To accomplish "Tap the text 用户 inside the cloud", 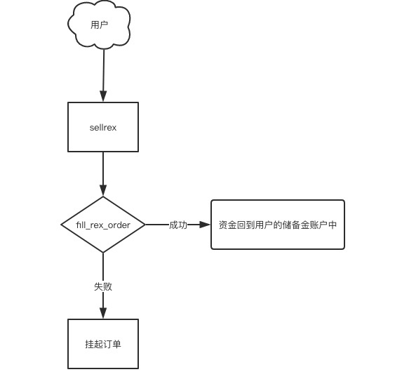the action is coord(99,25).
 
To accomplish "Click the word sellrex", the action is coord(103,128).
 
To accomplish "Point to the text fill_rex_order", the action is coord(103,225).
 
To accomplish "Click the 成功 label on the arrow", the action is coord(178,225).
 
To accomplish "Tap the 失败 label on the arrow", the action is coord(103,286).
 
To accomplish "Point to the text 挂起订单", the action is coord(103,344).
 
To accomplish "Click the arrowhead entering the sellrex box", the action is coord(103,96).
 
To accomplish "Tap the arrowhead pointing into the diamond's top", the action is coord(103,191).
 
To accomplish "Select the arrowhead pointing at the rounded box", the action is coord(205,225).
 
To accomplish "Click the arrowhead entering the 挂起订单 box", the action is coord(103,313).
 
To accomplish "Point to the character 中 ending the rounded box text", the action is coord(333,225).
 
